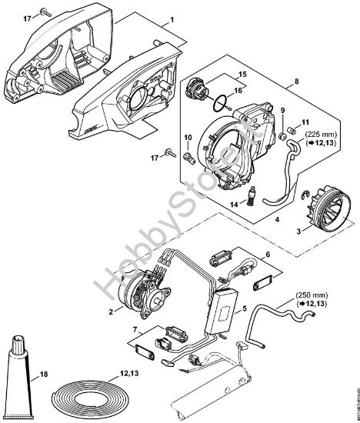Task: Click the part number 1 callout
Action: [172, 17]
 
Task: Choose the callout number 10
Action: [188, 138]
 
